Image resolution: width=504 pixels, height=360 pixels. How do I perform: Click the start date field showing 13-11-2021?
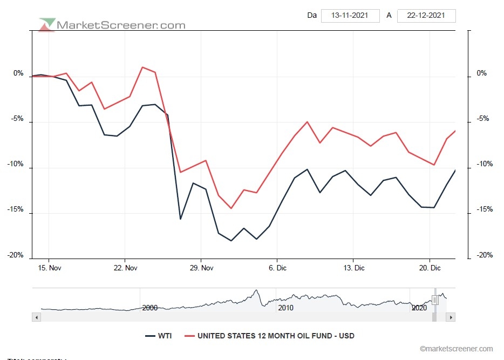(350, 15)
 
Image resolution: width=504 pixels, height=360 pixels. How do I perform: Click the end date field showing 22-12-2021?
(426, 15)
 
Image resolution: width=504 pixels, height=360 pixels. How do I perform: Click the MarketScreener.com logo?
(112, 25)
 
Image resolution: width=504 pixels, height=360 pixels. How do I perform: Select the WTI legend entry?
(159, 336)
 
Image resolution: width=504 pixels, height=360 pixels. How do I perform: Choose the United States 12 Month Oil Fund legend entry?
(269, 336)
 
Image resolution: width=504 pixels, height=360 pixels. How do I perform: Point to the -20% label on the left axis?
(17, 255)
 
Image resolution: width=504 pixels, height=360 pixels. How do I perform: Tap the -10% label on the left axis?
(17, 164)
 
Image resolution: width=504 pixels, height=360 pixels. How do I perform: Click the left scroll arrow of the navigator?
(37, 318)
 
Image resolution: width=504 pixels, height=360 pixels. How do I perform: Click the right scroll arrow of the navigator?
(451, 318)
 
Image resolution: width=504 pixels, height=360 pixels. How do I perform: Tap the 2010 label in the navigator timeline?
(285, 308)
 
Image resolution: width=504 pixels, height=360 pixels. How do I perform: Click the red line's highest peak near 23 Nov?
(142, 67)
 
